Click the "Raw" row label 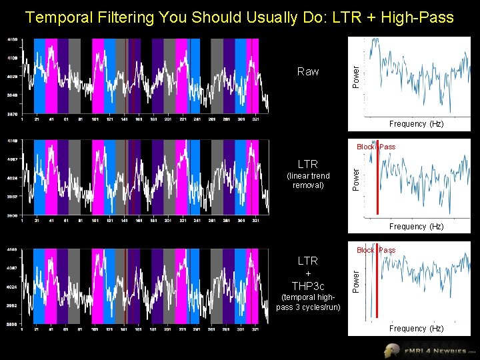(308, 71)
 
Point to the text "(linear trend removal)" (308, 180)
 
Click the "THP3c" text (308, 286)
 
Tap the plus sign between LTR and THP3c (308, 273)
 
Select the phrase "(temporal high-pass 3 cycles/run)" (308, 302)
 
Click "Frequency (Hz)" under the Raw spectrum (417, 124)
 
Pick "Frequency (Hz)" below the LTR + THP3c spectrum (417, 329)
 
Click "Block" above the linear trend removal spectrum (365, 147)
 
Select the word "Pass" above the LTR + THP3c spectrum (387, 250)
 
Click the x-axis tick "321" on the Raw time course (254, 120)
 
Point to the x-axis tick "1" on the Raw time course (23, 120)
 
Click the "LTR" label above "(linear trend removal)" (308, 164)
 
